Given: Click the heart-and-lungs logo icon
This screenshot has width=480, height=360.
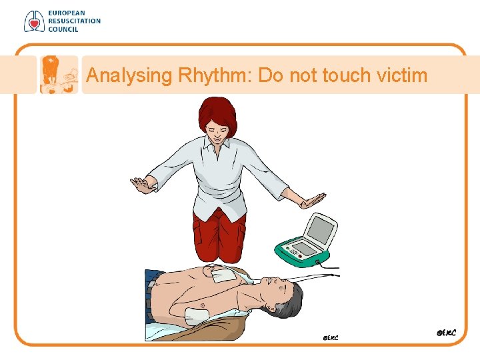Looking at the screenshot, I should click(x=32, y=21).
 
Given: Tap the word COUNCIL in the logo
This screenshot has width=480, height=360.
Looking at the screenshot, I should click(x=63, y=29).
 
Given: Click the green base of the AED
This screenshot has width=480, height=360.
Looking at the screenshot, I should click(x=303, y=254).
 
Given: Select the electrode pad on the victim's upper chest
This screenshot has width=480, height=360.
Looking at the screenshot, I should click(x=221, y=273).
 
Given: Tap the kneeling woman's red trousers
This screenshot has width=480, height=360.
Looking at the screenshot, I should click(x=219, y=233).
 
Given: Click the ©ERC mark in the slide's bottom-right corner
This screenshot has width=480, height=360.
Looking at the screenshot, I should click(x=446, y=331).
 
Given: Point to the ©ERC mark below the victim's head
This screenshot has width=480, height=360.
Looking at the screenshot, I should click(x=329, y=337).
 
